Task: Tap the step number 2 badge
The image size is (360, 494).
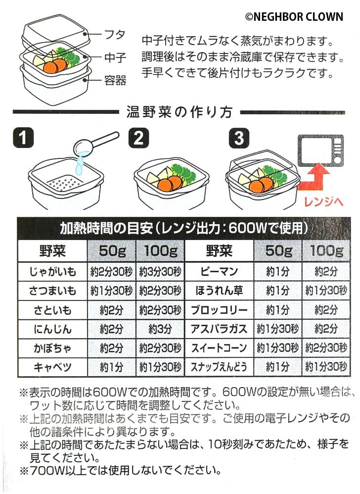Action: point(138,138)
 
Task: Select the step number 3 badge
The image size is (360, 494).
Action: point(239,138)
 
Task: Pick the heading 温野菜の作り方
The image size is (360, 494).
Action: point(180,112)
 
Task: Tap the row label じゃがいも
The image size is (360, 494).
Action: point(53,271)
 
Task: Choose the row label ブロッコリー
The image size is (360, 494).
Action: point(219,311)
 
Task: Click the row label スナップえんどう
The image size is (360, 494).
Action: point(219,367)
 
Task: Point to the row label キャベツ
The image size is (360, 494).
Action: point(53,367)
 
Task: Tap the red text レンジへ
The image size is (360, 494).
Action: point(320,201)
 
